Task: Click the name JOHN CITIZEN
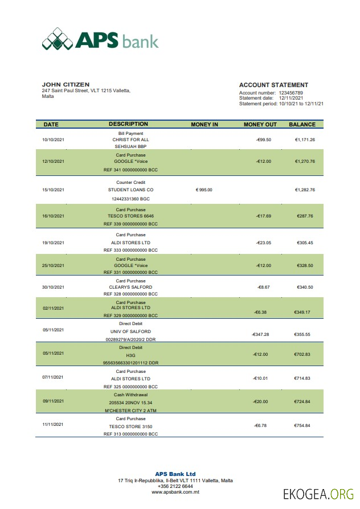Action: pos(66,85)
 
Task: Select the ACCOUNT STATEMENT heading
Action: pos(273,85)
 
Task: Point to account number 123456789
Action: pos(291,93)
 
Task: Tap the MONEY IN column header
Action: pos(204,124)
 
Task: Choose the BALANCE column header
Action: pos(302,124)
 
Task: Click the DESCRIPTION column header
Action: pos(128,124)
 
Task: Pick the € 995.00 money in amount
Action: pos(204,190)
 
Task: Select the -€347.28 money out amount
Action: pos(260,335)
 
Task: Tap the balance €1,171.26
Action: pos(305,139)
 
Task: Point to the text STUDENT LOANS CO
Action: pos(130,190)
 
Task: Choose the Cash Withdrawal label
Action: pos(130,394)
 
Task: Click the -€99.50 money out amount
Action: pos(264,139)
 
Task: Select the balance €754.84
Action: pos(302,425)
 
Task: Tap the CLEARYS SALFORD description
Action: pos(130,287)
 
